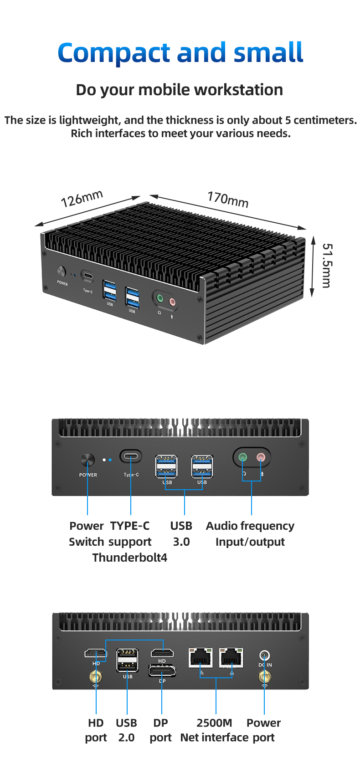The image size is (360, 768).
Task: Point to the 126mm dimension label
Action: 82,199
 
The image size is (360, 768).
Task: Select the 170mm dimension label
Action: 228,199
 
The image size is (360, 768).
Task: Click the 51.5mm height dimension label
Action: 327,265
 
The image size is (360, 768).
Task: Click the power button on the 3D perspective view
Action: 62,271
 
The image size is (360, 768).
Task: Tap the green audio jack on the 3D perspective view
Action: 160,298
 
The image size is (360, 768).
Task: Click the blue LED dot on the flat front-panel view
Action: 110,460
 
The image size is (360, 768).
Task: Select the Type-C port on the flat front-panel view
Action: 131,456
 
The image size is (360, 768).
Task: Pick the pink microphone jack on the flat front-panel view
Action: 260,457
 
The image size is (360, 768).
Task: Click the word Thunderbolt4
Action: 129,558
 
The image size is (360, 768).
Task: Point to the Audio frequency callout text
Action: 250,526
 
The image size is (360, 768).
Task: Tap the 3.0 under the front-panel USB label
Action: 181,542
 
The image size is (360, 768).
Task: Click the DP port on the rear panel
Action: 162,671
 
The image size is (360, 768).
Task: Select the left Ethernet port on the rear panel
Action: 201,657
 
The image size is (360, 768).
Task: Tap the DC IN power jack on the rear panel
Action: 264,655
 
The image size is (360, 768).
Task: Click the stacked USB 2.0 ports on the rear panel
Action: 127,660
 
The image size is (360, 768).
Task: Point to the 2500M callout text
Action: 214,723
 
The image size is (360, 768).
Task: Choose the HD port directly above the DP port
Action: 162,653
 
